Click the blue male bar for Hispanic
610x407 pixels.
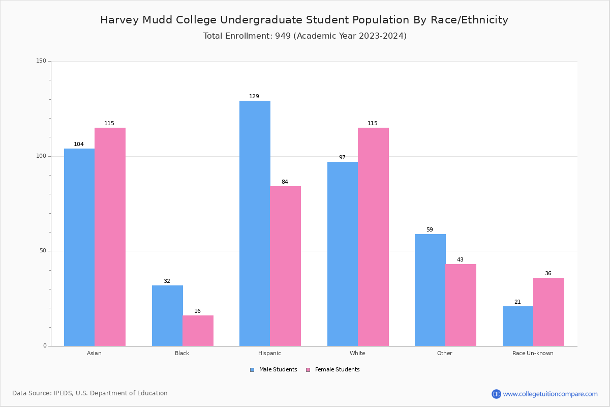tap(255, 223)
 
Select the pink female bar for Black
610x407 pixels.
tap(198, 331)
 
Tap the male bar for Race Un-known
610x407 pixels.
tap(517, 326)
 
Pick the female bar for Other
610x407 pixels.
tap(461, 305)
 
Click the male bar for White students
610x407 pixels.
tap(342, 254)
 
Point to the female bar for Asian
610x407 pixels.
tap(110, 237)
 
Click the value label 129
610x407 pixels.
tap(254, 97)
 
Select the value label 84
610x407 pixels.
tap(285, 182)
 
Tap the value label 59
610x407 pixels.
tap(430, 230)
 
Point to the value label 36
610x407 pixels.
tap(548, 274)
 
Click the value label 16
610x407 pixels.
tap(197, 311)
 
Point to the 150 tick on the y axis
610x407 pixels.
tap(41, 61)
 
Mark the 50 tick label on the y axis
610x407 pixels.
tap(43, 251)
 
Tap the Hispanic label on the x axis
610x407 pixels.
tap(269, 353)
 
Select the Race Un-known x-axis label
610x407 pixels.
tap(533, 353)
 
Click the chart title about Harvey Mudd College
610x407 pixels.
tap(304, 20)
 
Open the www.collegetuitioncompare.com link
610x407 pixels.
tap(550, 394)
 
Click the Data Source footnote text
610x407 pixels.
tap(90, 393)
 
